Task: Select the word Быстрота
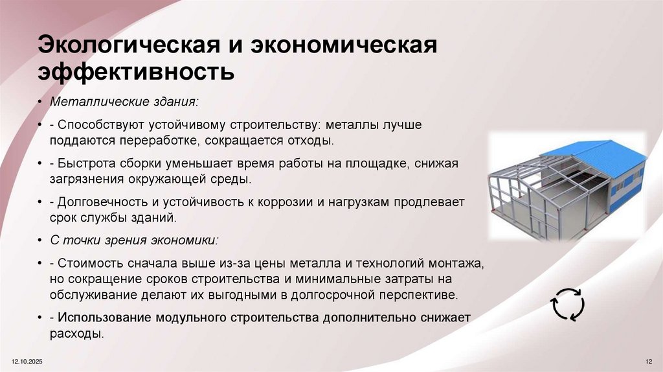[83, 164]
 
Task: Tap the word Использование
[104, 318]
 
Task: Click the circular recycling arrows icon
[567, 305]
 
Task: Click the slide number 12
[649, 360]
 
